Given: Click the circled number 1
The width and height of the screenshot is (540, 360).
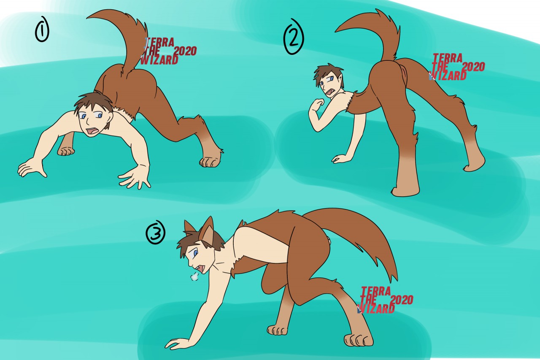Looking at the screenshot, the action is tap(42, 29).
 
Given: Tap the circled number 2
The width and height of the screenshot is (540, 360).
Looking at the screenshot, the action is tap(293, 37).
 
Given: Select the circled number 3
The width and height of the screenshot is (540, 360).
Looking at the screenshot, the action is tap(156, 232).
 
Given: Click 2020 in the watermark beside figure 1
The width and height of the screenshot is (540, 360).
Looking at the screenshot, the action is tap(185, 51).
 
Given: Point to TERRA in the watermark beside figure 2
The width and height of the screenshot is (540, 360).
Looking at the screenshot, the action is tap(448, 58).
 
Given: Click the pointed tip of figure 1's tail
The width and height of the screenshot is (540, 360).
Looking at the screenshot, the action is tap(87, 17).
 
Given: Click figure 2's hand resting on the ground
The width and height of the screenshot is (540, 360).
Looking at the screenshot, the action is tap(340, 159).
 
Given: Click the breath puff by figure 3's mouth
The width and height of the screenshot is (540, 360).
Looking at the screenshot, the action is tap(194, 276).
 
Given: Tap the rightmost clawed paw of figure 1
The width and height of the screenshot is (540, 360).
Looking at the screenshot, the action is tap(210, 162).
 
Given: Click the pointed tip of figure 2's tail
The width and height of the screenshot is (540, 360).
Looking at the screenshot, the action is tap(336, 32).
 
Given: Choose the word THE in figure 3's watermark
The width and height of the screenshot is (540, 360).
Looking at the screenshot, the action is tap(369, 300).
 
